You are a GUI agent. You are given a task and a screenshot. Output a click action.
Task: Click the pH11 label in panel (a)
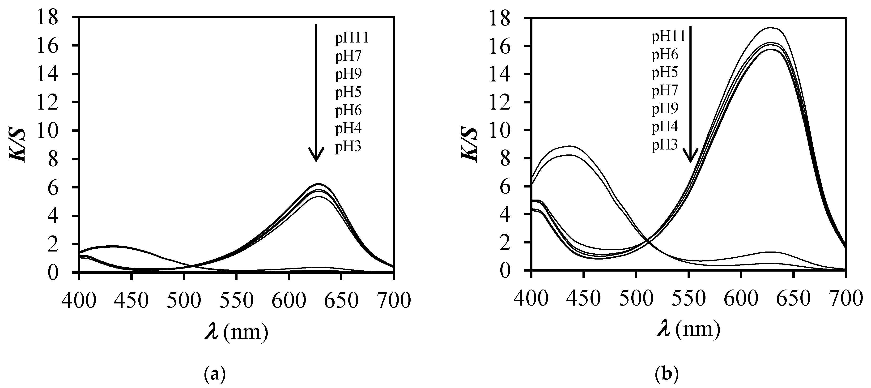352,38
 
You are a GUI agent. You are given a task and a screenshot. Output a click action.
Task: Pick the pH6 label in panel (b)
665,54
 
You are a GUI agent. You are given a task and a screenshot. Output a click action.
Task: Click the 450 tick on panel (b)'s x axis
584,299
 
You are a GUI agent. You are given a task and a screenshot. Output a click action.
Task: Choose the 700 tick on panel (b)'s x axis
845,299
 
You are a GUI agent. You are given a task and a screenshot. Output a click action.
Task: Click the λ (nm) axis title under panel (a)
236,332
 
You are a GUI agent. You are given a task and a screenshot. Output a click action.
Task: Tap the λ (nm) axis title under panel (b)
688,329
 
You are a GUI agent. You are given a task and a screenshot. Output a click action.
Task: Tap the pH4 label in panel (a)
348,128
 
